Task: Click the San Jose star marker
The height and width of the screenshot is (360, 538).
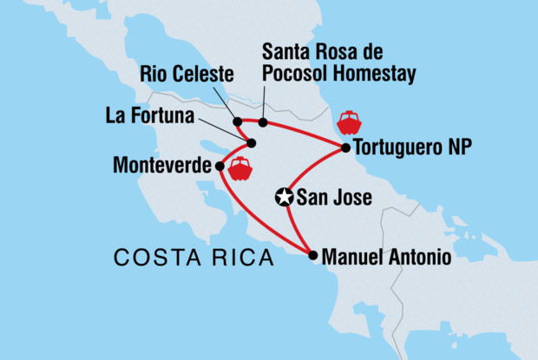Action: tap(284, 198)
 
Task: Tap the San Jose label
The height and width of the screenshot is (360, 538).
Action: tap(334, 198)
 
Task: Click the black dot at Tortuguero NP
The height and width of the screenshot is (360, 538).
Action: tap(346, 148)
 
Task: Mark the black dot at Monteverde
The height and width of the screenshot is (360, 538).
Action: tap(220, 166)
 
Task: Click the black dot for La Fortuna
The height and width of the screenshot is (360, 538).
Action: tap(252, 143)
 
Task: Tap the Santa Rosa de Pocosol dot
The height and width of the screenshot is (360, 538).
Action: tap(263, 122)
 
